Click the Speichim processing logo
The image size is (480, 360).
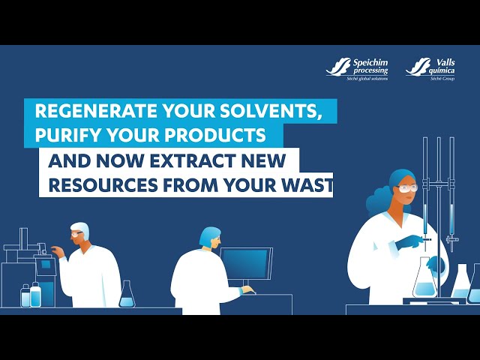(x=357, y=69)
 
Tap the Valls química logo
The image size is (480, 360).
(x=430, y=69)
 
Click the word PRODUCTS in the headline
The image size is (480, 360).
(x=220, y=135)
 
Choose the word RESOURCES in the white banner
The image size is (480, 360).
(x=103, y=185)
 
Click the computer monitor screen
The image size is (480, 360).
(x=246, y=263)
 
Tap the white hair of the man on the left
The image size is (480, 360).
(x=81, y=229)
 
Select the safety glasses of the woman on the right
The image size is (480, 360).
(x=407, y=188)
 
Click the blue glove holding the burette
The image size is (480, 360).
(x=409, y=241)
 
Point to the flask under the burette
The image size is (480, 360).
(x=424, y=278)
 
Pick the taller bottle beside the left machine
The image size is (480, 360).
(x=35, y=295)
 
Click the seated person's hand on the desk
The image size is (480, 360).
(x=247, y=289)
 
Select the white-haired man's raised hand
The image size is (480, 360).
(x=58, y=252)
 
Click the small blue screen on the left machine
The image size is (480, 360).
(x=46, y=264)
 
